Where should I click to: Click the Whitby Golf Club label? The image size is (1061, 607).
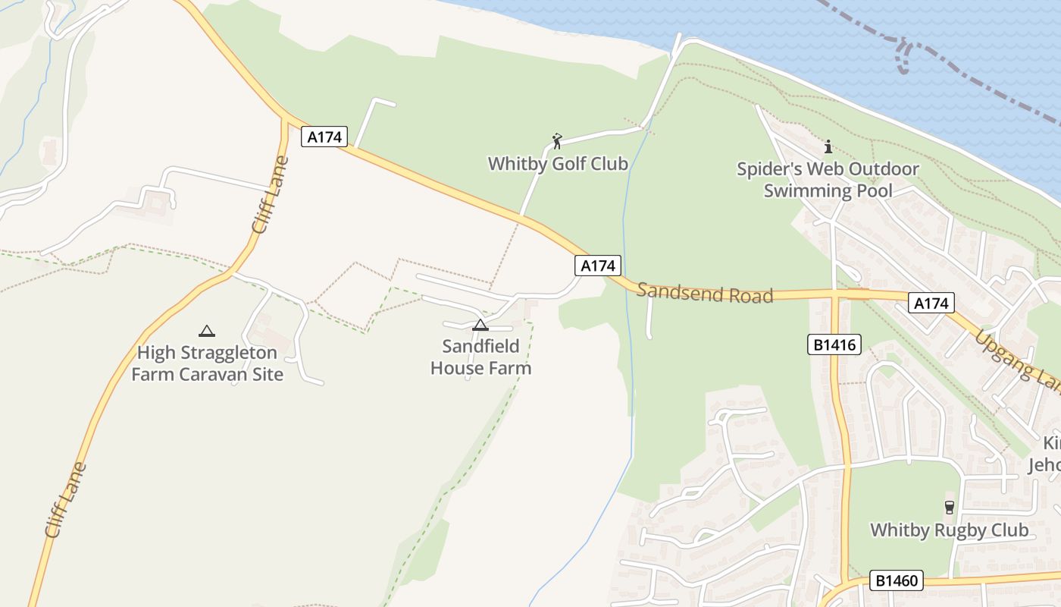[558, 163]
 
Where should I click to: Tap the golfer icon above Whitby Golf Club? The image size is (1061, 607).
[558, 141]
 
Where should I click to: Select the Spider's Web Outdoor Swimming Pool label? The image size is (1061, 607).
[828, 180]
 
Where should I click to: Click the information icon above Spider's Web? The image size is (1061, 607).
[828, 146]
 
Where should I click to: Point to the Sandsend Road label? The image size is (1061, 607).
[705, 293]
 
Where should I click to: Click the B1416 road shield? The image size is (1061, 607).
[834, 345]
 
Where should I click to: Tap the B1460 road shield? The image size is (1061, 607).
[897, 581]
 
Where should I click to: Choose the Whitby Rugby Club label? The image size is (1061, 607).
[949, 530]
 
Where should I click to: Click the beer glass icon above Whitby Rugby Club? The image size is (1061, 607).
[949, 507]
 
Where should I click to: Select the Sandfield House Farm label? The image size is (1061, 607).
[480, 357]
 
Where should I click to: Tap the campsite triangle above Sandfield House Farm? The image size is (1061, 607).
[480, 326]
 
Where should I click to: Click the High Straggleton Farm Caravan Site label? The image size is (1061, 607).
[207, 363]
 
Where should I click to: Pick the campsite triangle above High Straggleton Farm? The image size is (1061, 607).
[206, 331]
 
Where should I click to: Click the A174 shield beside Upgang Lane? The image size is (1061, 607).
[931, 303]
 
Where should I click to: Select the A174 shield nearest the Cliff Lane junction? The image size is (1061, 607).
[324, 137]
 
